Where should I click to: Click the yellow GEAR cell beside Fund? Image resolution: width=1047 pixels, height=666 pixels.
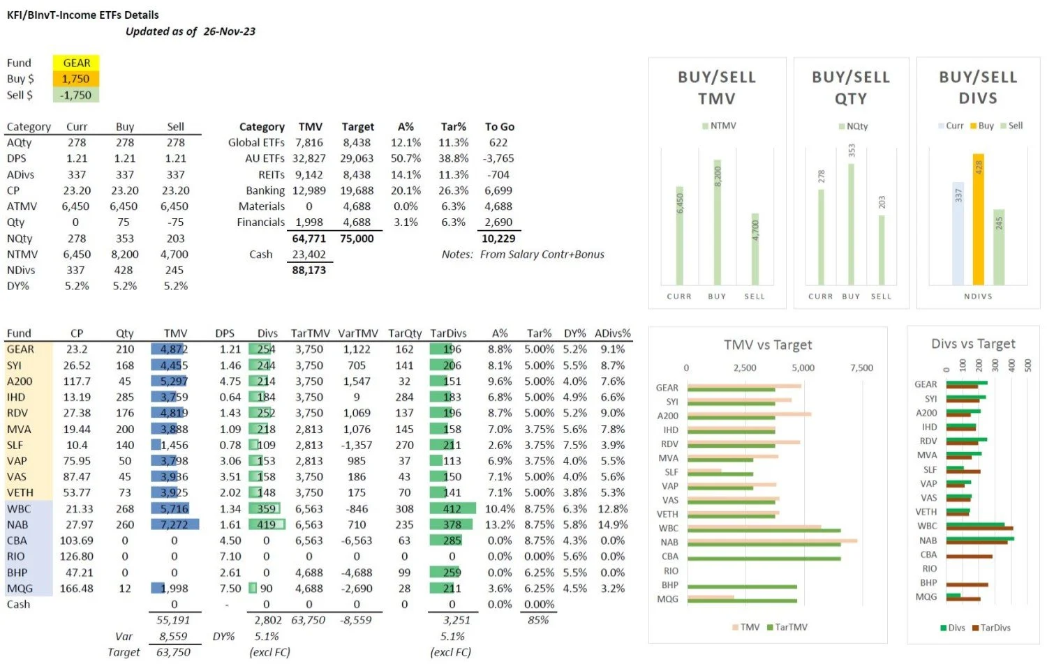pos(76,63)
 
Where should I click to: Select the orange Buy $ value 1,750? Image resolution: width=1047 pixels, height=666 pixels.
pos(76,79)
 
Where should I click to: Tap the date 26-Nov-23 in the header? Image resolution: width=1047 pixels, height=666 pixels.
pos(229,31)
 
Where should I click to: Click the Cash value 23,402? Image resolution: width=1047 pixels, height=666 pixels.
pos(309,255)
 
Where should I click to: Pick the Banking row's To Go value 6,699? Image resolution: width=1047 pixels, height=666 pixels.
pos(498,190)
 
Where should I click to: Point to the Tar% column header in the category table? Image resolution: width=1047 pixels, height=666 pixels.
pos(453,127)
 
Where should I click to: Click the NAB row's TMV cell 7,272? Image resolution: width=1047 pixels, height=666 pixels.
pos(174,524)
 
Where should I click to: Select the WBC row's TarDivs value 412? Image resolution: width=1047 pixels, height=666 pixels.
pos(452,508)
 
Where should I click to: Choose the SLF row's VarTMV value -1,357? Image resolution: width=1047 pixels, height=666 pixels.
pos(357,445)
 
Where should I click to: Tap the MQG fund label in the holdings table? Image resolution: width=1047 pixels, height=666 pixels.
pos(20,589)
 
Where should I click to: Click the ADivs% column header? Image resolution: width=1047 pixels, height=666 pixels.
pos(612,333)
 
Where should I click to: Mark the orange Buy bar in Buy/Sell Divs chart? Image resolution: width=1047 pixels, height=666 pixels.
pos(979,220)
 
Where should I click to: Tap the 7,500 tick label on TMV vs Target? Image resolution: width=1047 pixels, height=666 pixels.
pos(861,368)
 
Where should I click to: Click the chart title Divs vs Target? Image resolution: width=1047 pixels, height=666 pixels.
pos(973,344)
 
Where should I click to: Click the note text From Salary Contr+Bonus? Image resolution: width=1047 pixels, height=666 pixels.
pos(542,255)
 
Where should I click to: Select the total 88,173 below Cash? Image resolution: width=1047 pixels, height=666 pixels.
pos(309,270)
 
